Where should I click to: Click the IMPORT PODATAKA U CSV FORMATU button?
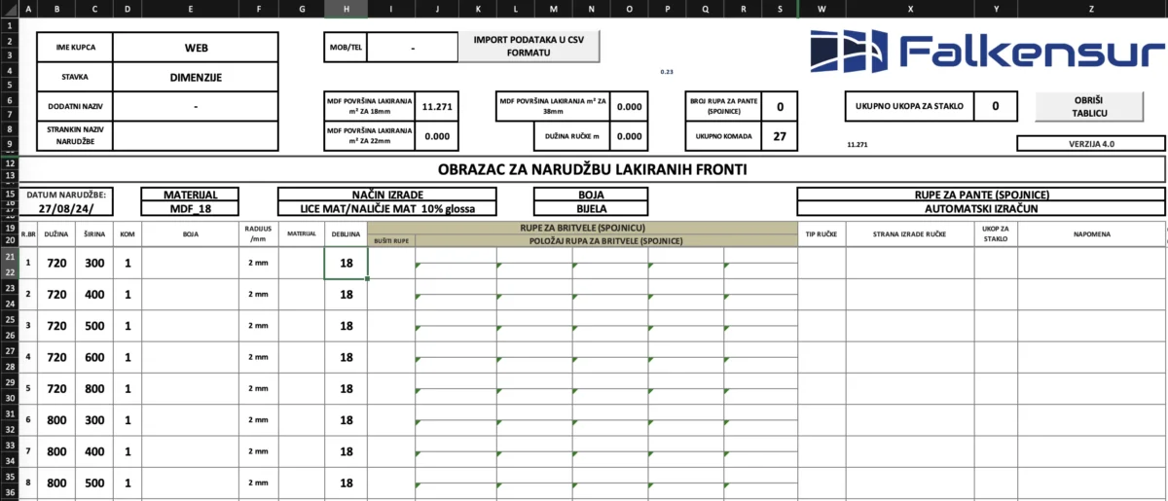529,46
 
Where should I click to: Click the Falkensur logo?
986,52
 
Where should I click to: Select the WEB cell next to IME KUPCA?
196,47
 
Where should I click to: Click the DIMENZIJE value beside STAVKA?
196,76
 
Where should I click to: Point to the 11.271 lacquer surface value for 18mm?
436,107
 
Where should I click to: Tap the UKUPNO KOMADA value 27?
780,136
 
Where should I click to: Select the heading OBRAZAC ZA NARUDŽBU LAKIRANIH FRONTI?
592,169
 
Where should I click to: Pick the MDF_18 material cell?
190,208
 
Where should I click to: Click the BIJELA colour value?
590,208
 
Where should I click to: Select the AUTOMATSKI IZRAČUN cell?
980,208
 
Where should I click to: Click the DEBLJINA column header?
346,233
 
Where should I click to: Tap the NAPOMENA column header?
1091,233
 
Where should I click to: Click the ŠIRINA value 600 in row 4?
93,357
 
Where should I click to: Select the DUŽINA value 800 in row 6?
56,419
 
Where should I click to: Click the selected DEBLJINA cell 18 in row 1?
346,263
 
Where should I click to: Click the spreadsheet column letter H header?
346,9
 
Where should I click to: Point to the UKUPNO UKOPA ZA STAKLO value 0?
995,105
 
